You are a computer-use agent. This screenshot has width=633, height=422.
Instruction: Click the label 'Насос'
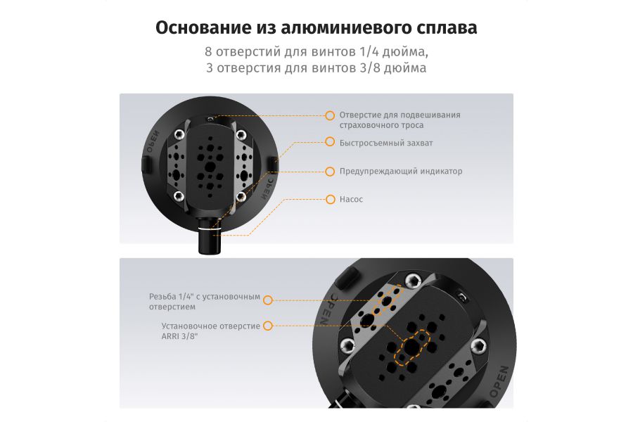[x=351, y=200]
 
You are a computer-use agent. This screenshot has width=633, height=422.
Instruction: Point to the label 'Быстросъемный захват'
[x=386, y=142]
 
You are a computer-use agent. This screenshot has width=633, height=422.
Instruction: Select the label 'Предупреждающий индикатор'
[x=400, y=171]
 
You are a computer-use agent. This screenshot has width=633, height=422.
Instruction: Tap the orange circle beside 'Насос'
[x=329, y=200]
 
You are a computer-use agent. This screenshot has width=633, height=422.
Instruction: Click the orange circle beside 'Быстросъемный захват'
[x=329, y=142]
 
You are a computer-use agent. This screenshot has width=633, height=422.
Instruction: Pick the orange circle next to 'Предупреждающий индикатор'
[x=329, y=171]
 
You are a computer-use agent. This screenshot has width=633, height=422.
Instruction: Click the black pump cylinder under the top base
[x=209, y=241]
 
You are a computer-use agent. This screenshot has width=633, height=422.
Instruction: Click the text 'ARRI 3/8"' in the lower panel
[x=179, y=336]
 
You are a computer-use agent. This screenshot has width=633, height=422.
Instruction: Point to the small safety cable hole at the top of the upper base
[x=210, y=118]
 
